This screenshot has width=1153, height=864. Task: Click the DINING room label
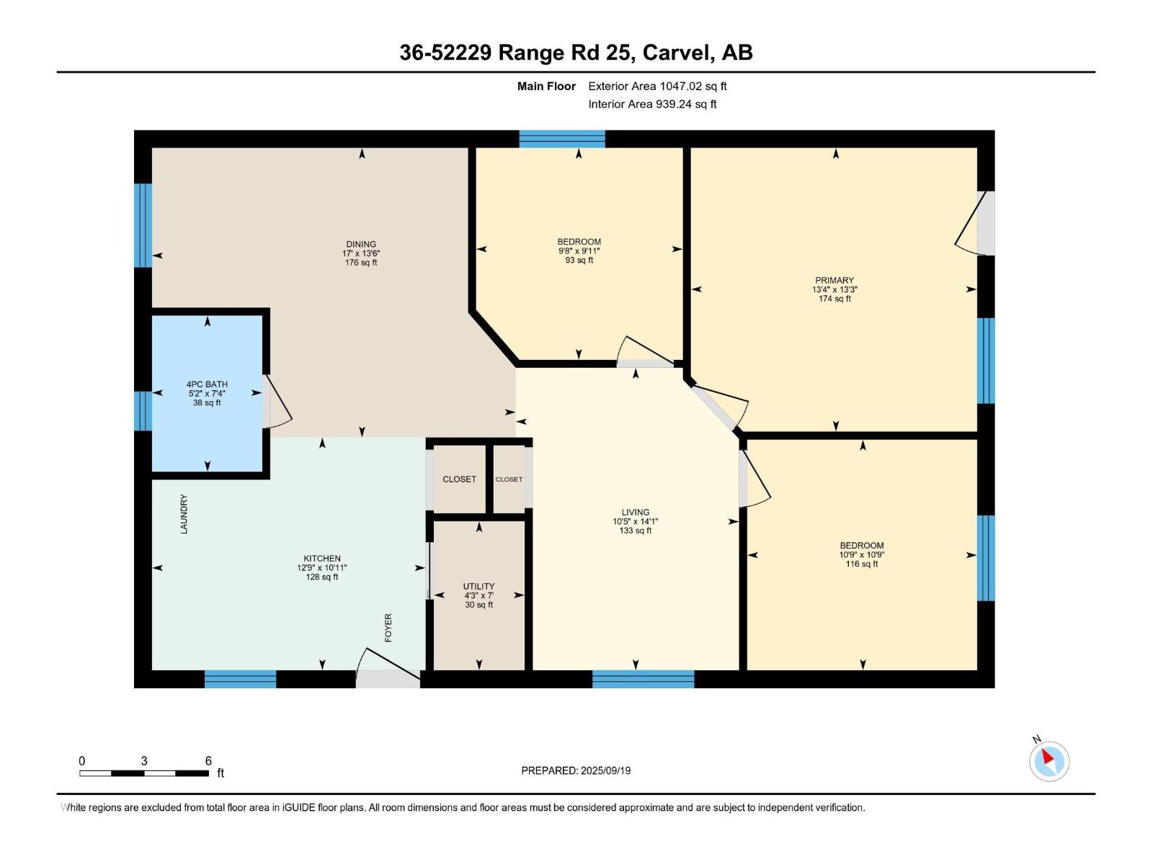[361, 244]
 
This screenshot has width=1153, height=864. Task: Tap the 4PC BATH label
[207, 384]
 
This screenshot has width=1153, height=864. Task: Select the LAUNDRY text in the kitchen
[184, 513]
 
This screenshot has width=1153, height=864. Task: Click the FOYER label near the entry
[388, 628]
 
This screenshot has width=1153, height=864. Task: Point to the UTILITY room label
[478, 586]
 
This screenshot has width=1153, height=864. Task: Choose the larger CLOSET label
[459, 480]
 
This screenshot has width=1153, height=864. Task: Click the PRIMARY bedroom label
[834, 280]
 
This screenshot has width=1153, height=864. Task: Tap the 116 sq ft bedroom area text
[862, 564]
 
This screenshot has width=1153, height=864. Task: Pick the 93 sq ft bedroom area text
[579, 261]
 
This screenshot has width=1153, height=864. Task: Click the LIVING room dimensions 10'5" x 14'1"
[635, 522]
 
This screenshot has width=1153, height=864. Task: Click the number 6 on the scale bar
[208, 761]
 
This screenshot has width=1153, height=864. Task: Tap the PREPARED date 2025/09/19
[576, 770]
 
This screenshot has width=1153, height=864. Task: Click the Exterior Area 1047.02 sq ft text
[657, 86]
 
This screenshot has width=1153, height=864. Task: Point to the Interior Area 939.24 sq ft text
[652, 104]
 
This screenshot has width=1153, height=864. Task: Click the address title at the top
[576, 53]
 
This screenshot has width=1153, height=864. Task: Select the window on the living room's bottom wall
[643, 679]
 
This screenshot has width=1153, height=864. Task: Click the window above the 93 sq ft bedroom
[562, 139]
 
